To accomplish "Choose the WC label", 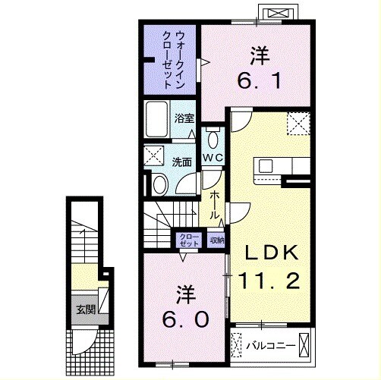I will (212, 158).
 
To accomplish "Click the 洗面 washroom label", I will (181, 161).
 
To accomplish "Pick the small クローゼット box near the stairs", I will (188, 240).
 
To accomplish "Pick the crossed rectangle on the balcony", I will (304, 345).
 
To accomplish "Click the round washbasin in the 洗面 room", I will (160, 185).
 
